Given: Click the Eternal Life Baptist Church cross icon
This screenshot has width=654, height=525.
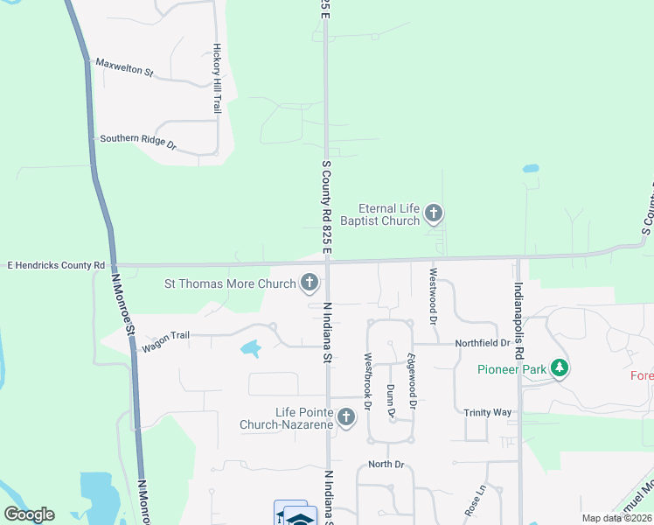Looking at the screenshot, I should pyautogui.click(x=433, y=213).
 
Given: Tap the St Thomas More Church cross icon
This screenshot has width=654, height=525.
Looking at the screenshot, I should pyautogui.click(x=309, y=282).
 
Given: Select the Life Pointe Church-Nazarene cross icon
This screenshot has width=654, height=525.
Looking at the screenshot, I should pyautogui.click(x=346, y=417).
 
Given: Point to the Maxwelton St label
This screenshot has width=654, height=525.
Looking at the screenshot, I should pyautogui.click(x=124, y=67).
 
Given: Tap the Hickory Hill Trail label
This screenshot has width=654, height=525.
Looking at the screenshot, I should pyautogui.click(x=217, y=79).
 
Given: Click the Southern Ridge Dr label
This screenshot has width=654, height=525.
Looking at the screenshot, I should pyautogui.click(x=138, y=143).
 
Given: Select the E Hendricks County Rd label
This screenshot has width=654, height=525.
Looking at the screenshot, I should pyautogui.click(x=56, y=264).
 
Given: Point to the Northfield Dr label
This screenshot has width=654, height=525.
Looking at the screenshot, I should pyautogui.click(x=482, y=344).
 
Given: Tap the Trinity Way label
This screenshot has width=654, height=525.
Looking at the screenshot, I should pyautogui.click(x=488, y=412).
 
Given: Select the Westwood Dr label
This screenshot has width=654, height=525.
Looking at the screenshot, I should pyautogui.click(x=432, y=297).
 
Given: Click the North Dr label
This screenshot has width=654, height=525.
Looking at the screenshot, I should pyautogui.click(x=386, y=464).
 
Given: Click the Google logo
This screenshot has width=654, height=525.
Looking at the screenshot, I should pyautogui.click(x=29, y=514).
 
